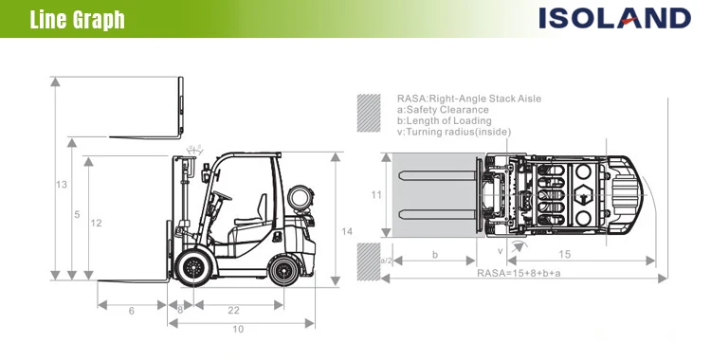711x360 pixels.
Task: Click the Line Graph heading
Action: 78,20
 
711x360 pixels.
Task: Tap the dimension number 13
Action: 62,185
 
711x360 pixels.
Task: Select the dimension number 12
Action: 96,224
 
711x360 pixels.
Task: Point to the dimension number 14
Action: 347,231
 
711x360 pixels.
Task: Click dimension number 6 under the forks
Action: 131,310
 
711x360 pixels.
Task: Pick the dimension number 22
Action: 233,310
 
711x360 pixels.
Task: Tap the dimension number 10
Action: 238,329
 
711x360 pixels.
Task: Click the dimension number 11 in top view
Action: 375,195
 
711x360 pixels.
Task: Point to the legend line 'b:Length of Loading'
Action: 444,120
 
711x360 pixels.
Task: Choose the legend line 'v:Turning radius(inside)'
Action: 453,132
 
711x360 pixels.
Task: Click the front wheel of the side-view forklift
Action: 196,268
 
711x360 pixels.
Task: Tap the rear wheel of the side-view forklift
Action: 283,270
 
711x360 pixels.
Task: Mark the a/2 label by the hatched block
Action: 386,261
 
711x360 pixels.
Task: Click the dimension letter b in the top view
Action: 434,254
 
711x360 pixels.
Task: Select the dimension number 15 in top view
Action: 565,254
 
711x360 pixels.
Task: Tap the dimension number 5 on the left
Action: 76,215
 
